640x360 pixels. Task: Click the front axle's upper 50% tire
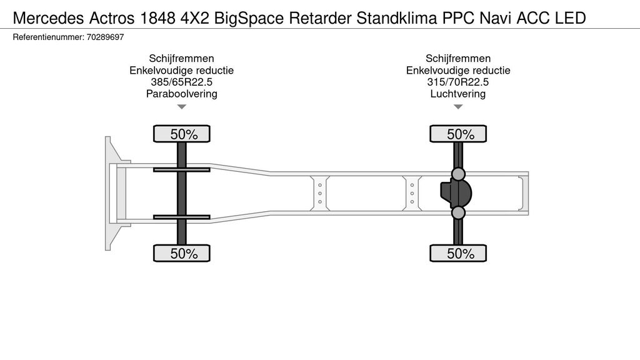tap(182, 134)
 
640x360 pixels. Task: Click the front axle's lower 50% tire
tap(182, 253)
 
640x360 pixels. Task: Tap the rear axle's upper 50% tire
tap(458, 134)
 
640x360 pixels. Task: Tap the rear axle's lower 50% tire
tap(458, 253)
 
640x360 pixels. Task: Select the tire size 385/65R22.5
tap(182, 82)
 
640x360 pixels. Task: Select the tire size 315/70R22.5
tap(458, 82)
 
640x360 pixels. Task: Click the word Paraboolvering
tap(182, 94)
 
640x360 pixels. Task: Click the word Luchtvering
tap(458, 94)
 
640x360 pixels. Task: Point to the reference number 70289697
tap(105, 37)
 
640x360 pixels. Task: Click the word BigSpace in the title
tap(249, 18)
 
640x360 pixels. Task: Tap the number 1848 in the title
tap(157, 18)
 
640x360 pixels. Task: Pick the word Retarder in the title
tap(320, 18)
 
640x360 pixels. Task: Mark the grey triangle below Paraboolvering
tap(182, 107)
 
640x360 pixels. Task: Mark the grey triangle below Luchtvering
tap(458, 107)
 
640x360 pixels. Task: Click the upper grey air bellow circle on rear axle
tap(458, 174)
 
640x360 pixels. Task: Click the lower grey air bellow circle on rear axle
tap(458, 212)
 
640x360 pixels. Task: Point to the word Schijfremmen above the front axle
tap(182, 58)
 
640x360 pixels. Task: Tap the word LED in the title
tap(571, 18)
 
